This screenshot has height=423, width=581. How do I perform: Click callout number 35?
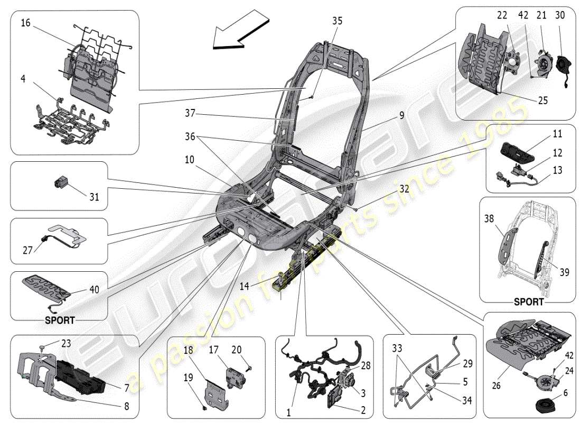pyautogui.click(x=337, y=21)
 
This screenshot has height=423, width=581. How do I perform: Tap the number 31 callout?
pyautogui.click(x=93, y=197)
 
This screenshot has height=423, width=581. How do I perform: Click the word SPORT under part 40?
pyautogui.click(x=60, y=320)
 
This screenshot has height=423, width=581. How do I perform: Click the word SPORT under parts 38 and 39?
pyautogui.click(x=528, y=302)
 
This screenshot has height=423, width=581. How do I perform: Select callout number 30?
pyautogui.click(x=560, y=15)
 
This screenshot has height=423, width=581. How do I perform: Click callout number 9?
pyautogui.click(x=401, y=114)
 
